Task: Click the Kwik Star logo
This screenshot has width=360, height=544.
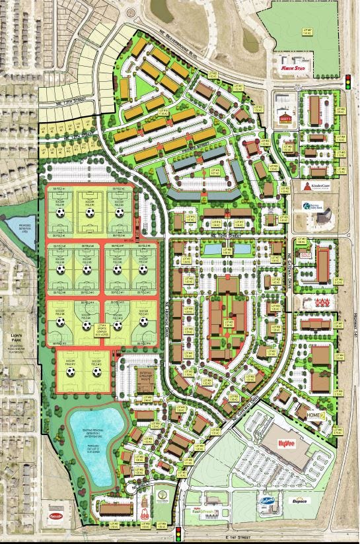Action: click(291, 67)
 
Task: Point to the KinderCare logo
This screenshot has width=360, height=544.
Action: click(315, 186)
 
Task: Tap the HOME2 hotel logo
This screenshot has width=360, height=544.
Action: click(313, 415)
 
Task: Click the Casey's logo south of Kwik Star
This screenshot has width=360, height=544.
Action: click(285, 118)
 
